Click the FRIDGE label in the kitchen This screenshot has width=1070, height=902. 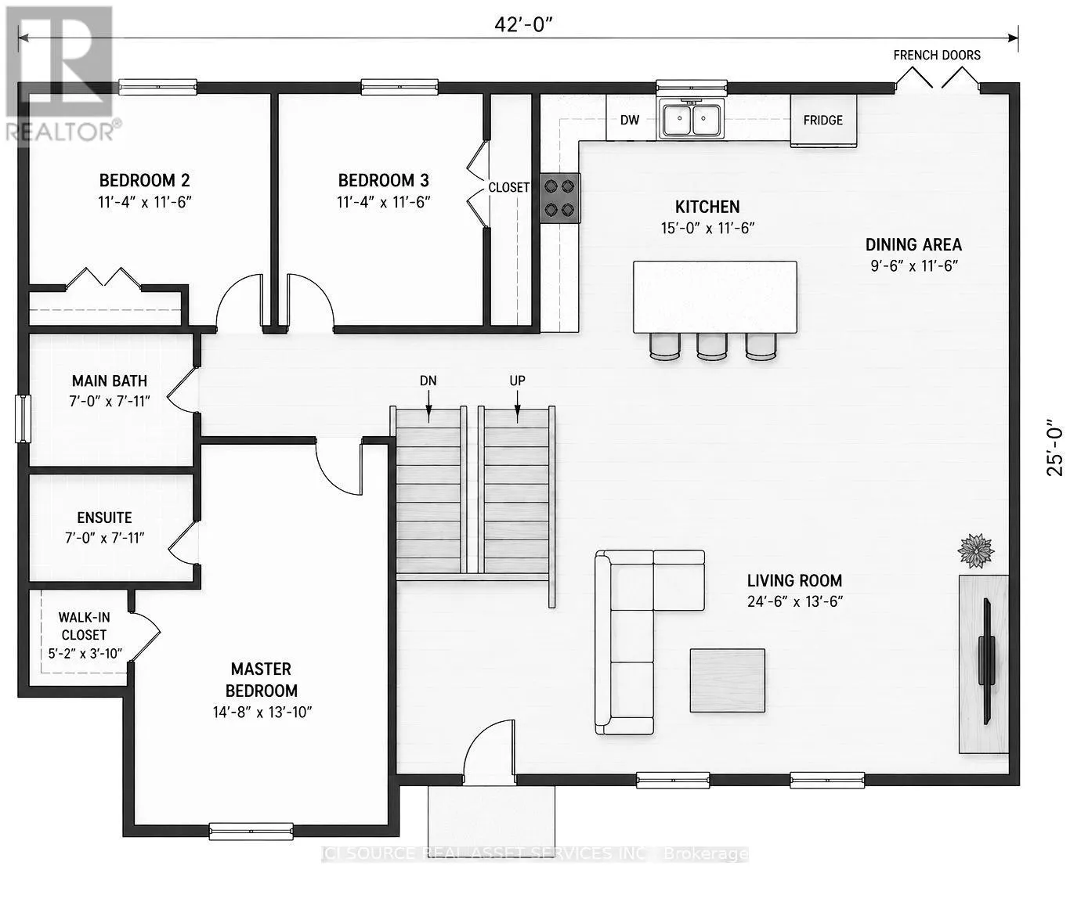(822, 120)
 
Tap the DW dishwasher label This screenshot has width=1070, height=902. (629, 120)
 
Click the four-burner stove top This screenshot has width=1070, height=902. (559, 198)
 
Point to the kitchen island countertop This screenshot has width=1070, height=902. (715, 297)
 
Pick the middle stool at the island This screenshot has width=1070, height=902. (712, 346)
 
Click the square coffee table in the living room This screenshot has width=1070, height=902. (727, 680)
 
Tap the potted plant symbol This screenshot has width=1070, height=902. (976, 550)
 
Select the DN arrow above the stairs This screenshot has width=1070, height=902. (429, 407)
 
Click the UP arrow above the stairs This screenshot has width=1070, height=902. (517, 407)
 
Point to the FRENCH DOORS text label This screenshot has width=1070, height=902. (937, 56)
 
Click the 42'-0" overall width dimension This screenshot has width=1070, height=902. (524, 24)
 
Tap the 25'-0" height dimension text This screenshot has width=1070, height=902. (1054, 449)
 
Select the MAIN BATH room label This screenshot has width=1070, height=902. (109, 381)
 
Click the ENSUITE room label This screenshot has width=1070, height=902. (104, 518)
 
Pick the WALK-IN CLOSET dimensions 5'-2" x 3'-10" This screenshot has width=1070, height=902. (85, 654)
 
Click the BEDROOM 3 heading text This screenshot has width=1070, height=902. (383, 180)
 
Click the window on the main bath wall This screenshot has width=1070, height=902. (23, 419)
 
